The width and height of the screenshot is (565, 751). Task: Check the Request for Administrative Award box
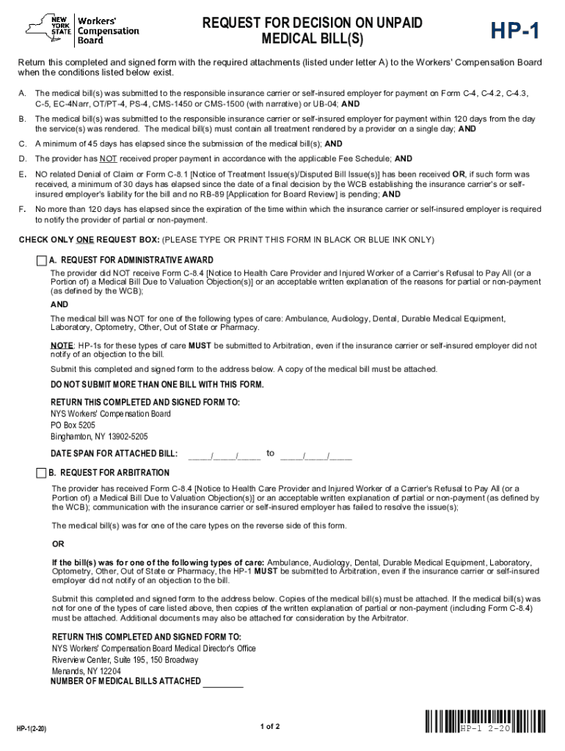[x=42, y=260]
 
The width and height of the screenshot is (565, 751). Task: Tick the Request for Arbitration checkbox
[x=42, y=472]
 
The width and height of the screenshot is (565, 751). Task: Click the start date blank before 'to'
[x=225, y=455]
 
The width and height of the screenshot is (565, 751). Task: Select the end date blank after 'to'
[x=316, y=455]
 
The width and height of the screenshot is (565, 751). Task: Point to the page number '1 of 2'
[x=270, y=727]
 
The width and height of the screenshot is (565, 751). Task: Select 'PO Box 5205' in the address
[x=73, y=425]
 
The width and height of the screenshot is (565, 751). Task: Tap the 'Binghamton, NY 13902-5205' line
[x=99, y=437]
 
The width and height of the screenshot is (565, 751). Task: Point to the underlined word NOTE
[x=61, y=345]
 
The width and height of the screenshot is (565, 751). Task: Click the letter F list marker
[x=22, y=210]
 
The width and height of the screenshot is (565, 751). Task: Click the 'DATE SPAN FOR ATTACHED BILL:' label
[x=114, y=454]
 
